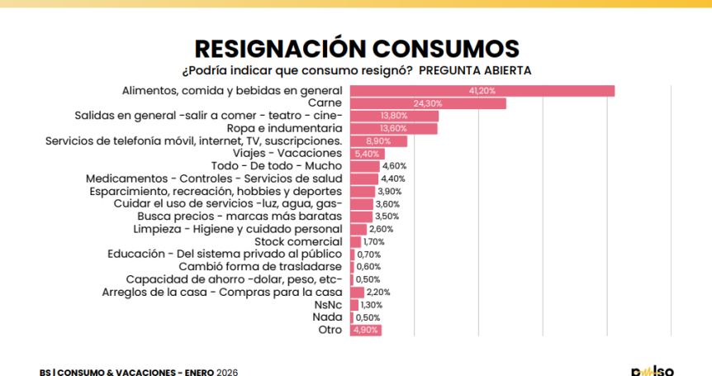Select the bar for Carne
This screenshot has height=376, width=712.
point(428,103)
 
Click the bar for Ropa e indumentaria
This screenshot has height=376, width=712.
point(394,128)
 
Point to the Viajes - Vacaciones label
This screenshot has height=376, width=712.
point(287,154)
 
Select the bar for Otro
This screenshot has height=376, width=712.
point(366,330)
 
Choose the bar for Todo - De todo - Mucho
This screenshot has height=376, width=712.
point(364,166)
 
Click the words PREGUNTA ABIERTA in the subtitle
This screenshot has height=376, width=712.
point(475,70)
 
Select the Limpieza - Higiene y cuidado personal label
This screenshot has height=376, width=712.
point(238,229)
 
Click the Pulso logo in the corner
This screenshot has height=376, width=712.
point(653,370)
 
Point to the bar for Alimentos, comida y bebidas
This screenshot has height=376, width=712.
point(482,90)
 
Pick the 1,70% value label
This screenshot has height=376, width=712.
point(373,242)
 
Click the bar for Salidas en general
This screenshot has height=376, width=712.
point(394,116)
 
